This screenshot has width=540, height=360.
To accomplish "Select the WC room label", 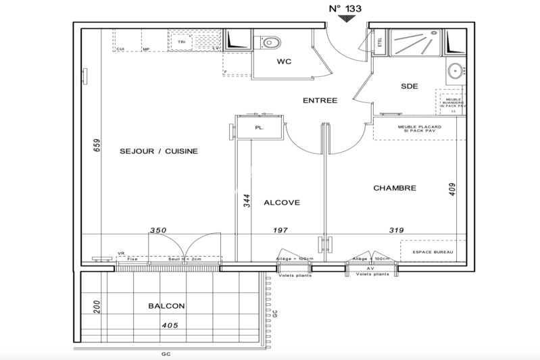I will (x=284, y=62).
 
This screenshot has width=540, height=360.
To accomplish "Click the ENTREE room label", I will (x=320, y=101).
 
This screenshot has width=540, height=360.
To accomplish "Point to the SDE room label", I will (x=409, y=86).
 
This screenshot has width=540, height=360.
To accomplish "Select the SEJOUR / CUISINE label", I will (x=159, y=151).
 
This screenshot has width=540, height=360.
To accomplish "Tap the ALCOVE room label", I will (x=282, y=202).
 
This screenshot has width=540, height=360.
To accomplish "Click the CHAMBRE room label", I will (x=395, y=188).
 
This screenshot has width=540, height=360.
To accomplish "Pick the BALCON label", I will (x=166, y=306).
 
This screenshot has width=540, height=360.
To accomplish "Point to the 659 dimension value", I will (x=96, y=147).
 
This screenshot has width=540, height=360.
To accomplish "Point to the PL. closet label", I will (x=259, y=126).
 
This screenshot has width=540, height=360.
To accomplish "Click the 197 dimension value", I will (x=280, y=230).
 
